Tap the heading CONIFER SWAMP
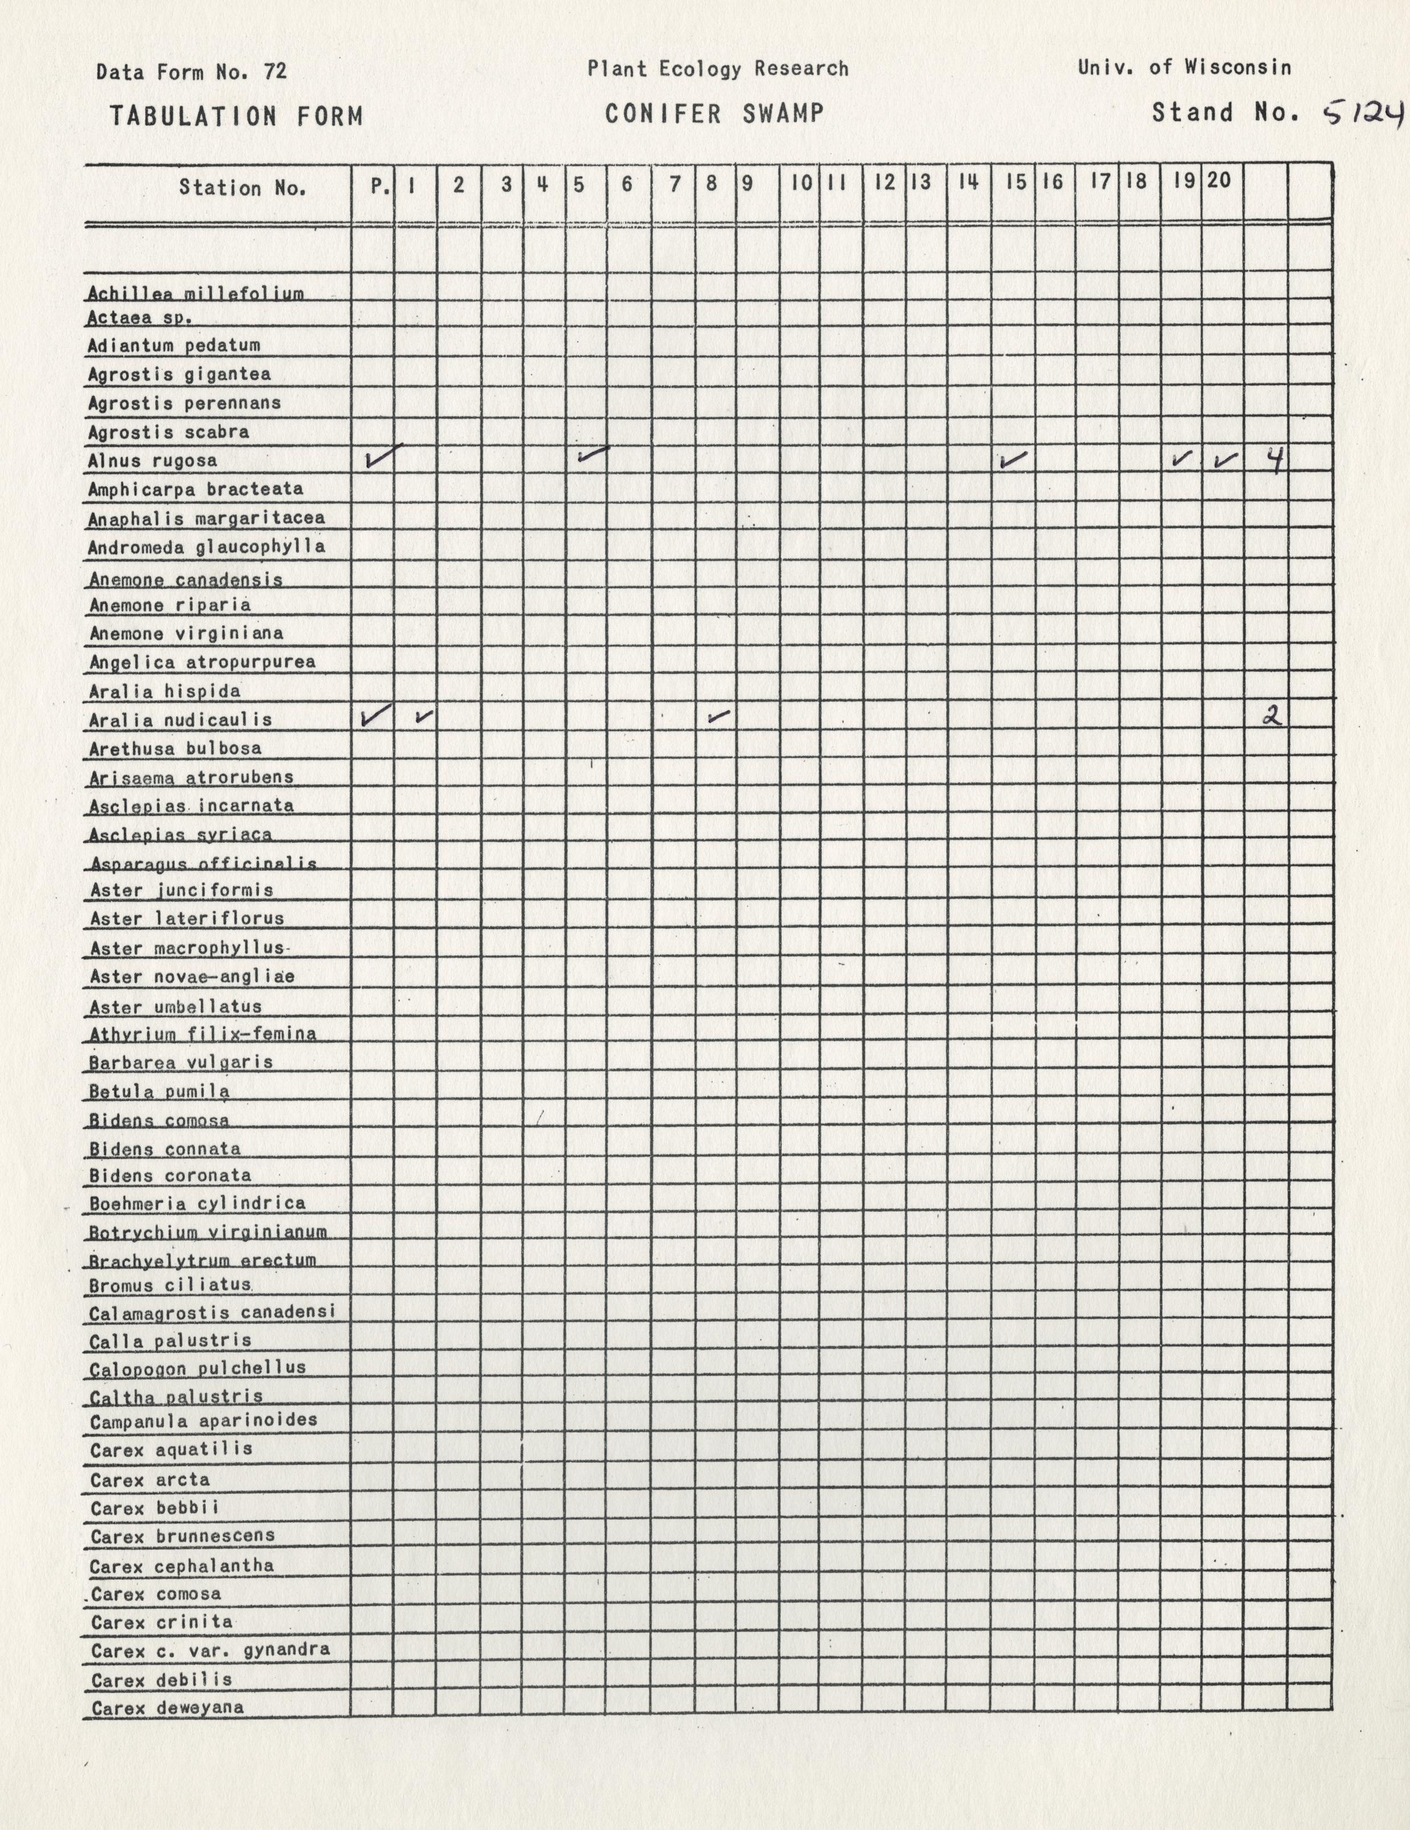click(x=714, y=113)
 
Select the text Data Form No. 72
click(x=192, y=72)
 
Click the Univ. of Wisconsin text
click(x=1184, y=68)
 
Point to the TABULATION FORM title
click(x=236, y=116)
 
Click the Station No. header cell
click(x=242, y=188)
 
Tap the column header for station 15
click(x=1015, y=183)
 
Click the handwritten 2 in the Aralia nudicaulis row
click(x=1273, y=716)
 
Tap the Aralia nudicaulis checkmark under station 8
click(x=718, y=716)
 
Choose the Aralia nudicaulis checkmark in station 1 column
click(x=424, y=716)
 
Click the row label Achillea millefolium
click(x=196, y=294)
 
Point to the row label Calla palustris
click(x=170, y=1340)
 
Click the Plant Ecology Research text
click(x=717, y=70)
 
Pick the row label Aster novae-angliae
click(x=193, y=977)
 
